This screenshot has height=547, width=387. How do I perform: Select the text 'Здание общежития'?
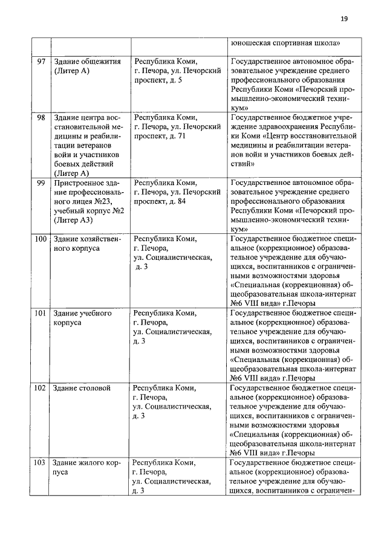tap(88, 62)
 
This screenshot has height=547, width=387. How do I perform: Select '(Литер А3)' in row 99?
tap(73, 220)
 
